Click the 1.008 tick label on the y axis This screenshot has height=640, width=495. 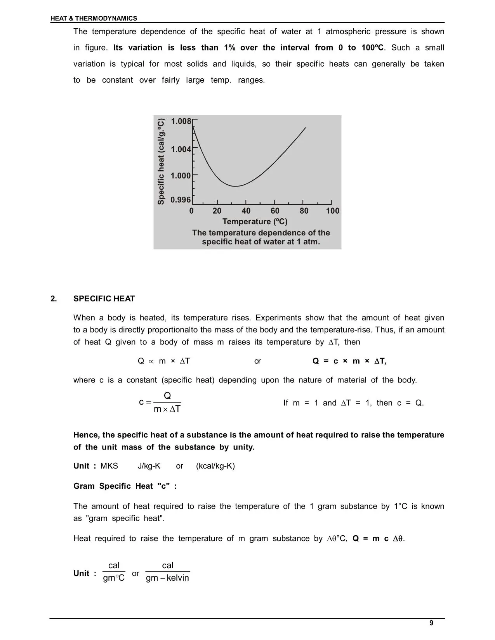[181, 121]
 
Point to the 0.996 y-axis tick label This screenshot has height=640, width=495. [181, 200]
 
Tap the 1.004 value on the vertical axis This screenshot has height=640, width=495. [181, 149]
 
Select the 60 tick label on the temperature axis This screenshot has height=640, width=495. [275, 211]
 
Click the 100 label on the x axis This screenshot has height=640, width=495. [333, 211]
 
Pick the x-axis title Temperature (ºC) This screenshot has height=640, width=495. [255, 221]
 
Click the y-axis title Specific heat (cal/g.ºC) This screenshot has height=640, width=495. [161, 161]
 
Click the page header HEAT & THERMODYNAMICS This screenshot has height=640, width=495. [94, 18]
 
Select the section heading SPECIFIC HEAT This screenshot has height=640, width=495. [104, 299]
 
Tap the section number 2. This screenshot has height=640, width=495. [54, 299]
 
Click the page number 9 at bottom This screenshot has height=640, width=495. [431, 623]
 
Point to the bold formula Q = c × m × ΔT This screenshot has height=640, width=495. [349, 361]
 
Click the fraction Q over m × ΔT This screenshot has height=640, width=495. [167, 403]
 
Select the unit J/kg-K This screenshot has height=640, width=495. [149, 466]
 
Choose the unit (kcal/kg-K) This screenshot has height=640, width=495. [215, 466]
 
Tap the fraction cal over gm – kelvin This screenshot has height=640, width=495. [167, 572]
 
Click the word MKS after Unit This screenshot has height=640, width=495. [109, 466]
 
